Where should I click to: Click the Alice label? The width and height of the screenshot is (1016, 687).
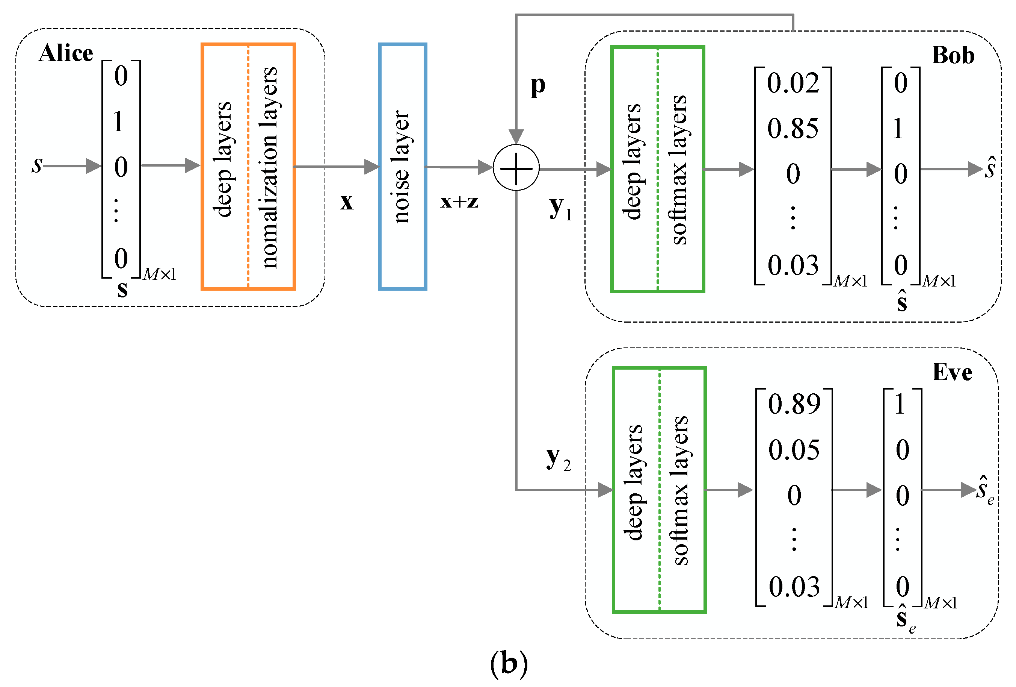point(66,53)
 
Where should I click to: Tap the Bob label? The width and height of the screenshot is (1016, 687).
point(953,56)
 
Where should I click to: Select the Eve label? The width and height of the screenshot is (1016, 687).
point(952,372)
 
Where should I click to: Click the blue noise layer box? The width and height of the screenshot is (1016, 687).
point(402,166)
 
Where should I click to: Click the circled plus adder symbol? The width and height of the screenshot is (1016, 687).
point(516,168)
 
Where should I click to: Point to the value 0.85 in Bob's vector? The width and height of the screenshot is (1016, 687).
point(793,129)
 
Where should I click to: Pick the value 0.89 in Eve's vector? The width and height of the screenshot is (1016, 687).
point(794,404)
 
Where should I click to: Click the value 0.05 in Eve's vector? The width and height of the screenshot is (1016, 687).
point(794,450)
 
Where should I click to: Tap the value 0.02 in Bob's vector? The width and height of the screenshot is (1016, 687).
point(793,83)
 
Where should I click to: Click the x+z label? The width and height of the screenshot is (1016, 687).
point(459,202)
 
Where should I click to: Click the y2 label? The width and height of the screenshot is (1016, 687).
point(558,459)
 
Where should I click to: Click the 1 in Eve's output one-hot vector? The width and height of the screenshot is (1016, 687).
point(900,404)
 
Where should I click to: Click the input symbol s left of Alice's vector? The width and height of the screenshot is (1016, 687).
point(37,165)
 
